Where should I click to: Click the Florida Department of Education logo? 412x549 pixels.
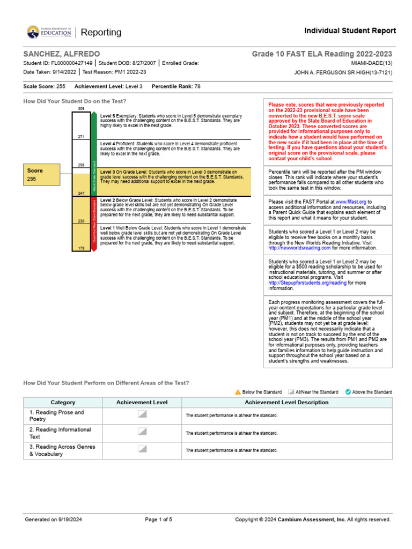point(49,32)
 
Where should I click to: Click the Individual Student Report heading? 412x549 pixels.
point(350,31)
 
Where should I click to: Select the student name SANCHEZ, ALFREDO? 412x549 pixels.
point(61,54)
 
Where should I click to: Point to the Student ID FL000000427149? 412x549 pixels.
point(71,63)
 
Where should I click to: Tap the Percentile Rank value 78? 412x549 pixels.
point(197,86)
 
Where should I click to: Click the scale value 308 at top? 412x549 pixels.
point(82,109)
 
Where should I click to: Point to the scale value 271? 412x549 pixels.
point(82,137)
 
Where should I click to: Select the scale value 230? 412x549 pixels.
point(82,221)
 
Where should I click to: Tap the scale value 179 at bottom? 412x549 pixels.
point(82,248)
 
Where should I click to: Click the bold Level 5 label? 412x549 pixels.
point(107,116)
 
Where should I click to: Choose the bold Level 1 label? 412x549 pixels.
point(107,228)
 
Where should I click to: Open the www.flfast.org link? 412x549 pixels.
point(351,202)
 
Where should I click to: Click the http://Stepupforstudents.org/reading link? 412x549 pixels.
point(307,283)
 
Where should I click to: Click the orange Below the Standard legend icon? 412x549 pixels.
point(238,392)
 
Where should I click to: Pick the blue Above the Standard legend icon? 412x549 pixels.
point(348,392)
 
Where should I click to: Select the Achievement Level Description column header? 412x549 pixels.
point(286,402)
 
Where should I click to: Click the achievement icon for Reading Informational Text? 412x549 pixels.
point(142,432)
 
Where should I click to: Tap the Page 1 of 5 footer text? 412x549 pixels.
point(158,520)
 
